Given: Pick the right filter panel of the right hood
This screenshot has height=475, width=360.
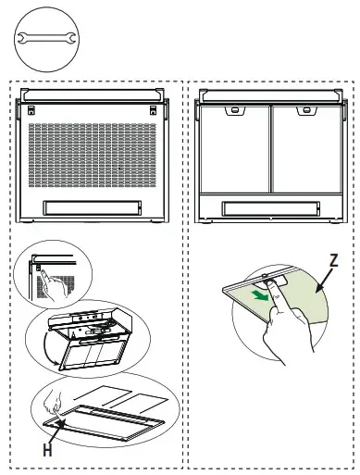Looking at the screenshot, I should pos(304,148).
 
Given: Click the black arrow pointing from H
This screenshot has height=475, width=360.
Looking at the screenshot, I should pos(57,431).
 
